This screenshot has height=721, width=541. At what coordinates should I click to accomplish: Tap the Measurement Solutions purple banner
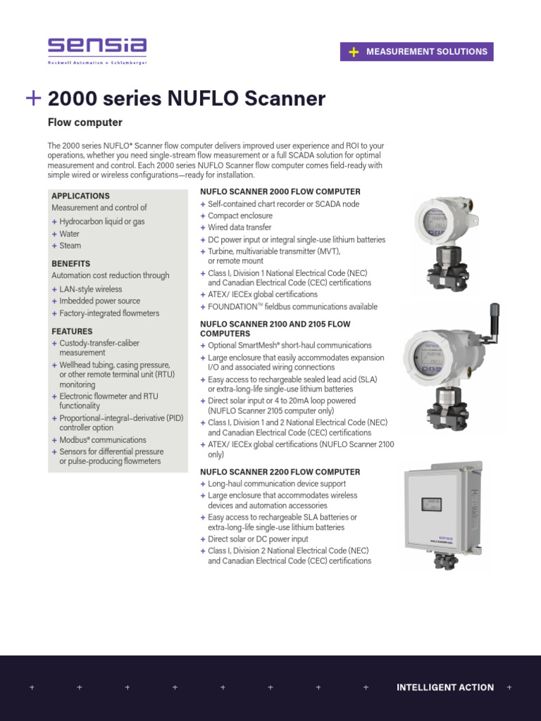coord(417,51)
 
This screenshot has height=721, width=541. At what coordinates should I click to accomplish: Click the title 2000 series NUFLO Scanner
coord(186,99)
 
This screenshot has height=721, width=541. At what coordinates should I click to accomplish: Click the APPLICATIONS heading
coord(80,196)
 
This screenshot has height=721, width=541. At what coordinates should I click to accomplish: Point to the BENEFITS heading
coord(70,263)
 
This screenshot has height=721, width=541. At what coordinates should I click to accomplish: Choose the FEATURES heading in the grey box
coord(72,331)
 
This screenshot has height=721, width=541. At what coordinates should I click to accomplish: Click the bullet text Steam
coord(70,246)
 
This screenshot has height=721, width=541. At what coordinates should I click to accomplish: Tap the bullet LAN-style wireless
coord(90,289)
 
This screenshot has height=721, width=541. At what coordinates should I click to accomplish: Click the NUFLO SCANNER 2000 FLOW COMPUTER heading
coord(280,192)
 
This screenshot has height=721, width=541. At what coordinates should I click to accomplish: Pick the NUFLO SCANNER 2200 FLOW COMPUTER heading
coord(280,472)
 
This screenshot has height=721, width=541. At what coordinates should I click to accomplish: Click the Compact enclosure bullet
coord(240,215)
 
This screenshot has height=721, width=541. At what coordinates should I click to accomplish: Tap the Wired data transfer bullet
coord(239,227)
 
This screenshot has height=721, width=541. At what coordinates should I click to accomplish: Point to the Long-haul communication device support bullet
coord(277,484)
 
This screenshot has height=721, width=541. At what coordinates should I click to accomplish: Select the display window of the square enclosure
coord(431,505)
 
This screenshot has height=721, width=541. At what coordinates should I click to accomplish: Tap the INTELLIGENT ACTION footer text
coord(445,687)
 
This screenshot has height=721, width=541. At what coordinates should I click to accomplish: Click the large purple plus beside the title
coord(32,99)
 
